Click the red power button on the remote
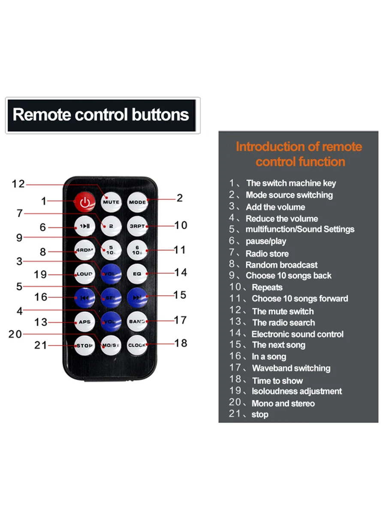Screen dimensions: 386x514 [x=85, y=201]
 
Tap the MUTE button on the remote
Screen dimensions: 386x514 [x=111, y=201]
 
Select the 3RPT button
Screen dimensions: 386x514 [x=137, y=225]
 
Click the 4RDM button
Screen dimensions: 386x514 [x=85, y=250]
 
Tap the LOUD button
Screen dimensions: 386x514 [x=85, y=274]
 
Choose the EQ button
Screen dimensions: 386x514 [x=137, y=273]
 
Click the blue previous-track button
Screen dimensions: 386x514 [x=85, y=297]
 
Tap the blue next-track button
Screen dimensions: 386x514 [x=137, y=297]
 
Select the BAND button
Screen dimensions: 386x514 [x=137, y=321]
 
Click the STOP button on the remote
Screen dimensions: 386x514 [x=85, y=345]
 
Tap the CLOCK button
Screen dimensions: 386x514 [x=137, y=345]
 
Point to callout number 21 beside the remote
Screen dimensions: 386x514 [x=41, y=345]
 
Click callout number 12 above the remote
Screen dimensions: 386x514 [x=18, y=184]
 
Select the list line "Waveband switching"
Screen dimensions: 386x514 [x=291, y=368]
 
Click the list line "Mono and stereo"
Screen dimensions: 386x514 [x=283, y=403]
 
